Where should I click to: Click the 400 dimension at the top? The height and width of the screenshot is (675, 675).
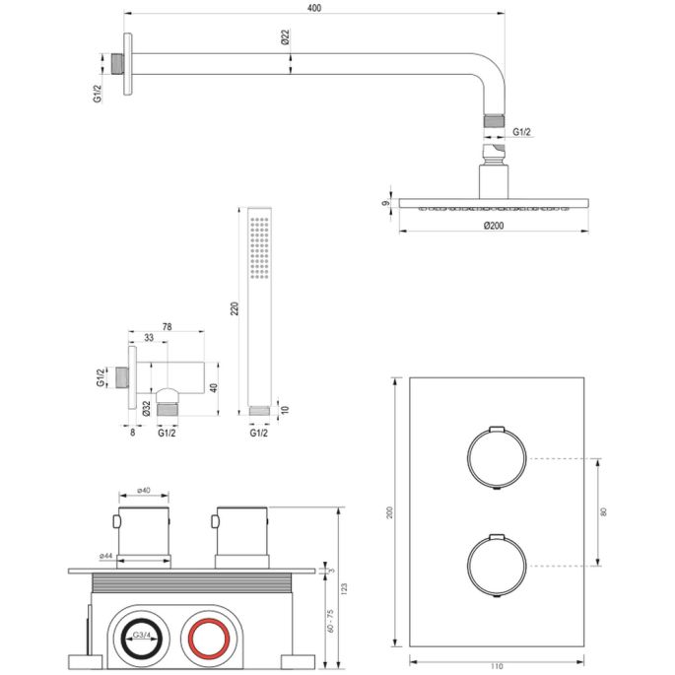(313, 9)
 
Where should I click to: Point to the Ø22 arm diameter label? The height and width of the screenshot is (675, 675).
(286, 38)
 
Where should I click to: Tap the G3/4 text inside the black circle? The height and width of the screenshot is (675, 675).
(143, 636)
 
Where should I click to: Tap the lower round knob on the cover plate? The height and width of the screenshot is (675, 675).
(491, 567)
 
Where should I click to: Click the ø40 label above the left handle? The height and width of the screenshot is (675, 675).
(141, 490)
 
